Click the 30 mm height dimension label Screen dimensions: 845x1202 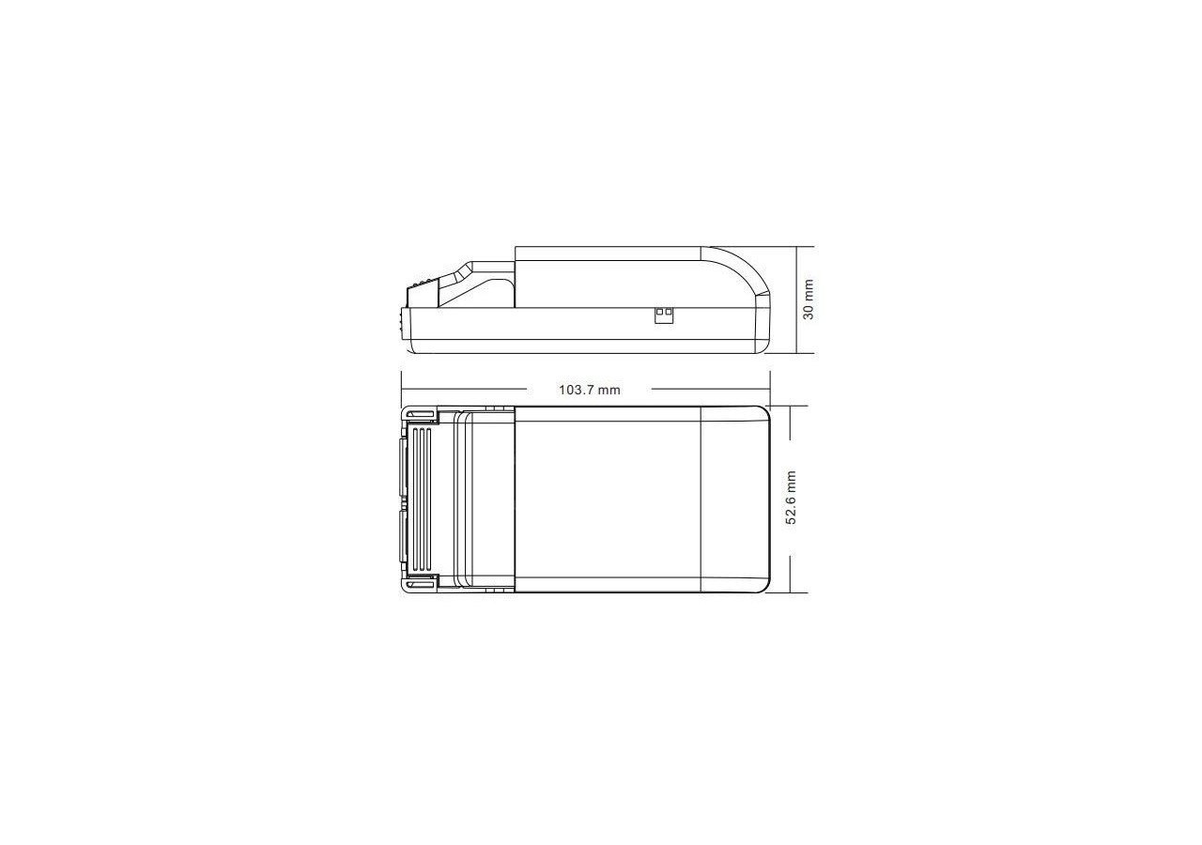click(x=809, y=300)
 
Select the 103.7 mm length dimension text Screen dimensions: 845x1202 click(x=590, y=390)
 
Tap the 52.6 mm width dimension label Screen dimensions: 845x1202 click(x=791, y=498)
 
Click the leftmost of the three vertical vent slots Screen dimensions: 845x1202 click(x=415, y=499)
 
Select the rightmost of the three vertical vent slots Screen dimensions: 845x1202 click(x=430, y=499)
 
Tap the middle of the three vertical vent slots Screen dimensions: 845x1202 click(x=423, y=499)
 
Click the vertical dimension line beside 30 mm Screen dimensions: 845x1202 click(x=797, y=300)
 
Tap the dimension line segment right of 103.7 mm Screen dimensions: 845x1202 click(x=710, y=390)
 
